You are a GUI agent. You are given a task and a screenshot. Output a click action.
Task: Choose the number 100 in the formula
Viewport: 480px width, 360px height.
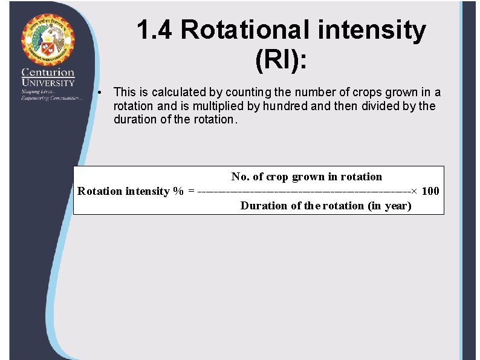(430, 191)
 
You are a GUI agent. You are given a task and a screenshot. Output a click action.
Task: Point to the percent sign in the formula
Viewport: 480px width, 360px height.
(178, 191)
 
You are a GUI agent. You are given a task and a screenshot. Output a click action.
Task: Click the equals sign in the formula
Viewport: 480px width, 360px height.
(192, 191)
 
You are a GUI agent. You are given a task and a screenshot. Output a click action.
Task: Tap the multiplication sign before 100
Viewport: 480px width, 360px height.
(414, 191)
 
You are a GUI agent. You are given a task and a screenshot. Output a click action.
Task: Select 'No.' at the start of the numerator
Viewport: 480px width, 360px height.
(239, 177)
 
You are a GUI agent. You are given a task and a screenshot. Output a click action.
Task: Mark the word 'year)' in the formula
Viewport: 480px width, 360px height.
(398, 206)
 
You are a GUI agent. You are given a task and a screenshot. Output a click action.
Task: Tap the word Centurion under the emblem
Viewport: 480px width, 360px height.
(48, 72)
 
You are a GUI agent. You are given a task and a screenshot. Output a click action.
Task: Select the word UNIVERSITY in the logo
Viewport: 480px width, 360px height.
(48, 82)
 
